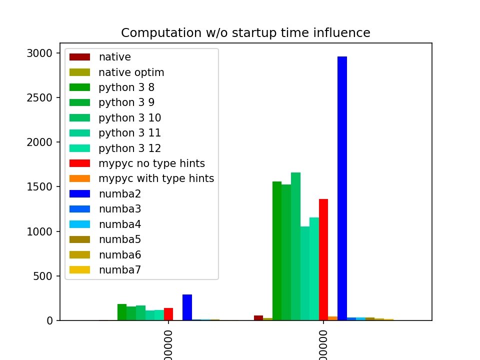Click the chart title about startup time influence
pos(245,33)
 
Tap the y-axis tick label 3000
pos(39,53)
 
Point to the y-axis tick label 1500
pos(39,187)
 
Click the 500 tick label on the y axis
pos(42,276)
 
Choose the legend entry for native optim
pos(131,72)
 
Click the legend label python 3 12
pos(130,148)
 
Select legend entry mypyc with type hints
pos(156,179)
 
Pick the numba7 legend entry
pos(120,270)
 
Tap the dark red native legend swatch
pos(79,57)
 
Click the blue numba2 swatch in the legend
pos(79,194)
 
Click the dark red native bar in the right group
pos(258,317)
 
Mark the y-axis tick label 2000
pos(39,142)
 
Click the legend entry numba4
pos(120,224)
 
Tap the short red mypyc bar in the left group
pos(168,313)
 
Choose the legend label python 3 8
pos(127,87)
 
